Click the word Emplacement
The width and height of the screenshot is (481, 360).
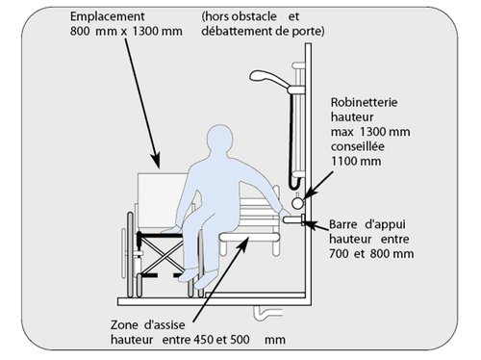tap(107, 16)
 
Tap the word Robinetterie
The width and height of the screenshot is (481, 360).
tap(364, 102)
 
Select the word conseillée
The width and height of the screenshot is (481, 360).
tap(358, 146)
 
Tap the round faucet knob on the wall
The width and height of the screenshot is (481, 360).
tap(297, 203)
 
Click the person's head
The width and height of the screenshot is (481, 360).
tap(220, 140)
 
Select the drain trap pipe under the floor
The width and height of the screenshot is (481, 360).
tap(267, 313)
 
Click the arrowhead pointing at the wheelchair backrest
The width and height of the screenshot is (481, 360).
tap(156, 161)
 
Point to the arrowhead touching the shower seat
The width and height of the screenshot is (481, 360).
tap(242, 243)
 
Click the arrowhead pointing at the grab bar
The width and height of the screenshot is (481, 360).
tap(310, 224)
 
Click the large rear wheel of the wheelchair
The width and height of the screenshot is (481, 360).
tap(131, 254)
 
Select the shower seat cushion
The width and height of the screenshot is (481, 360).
tap(249, 238)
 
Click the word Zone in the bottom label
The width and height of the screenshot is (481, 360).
tap(124, 325)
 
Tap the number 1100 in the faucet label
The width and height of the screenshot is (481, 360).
tap(343, 161)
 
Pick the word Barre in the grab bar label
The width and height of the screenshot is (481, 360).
tap(343, 224)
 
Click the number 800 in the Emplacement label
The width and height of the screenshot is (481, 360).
tap(80, 32)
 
